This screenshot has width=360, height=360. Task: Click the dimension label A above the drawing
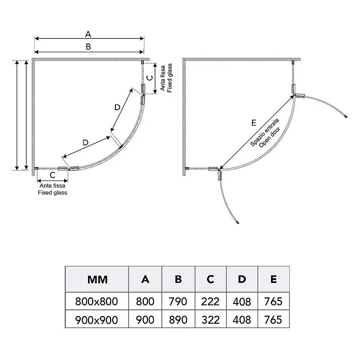pos(88,34)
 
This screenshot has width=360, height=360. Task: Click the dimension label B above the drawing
pos(88,47)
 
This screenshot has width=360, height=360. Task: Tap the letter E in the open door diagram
pos(253,123)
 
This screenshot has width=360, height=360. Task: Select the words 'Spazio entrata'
pos(264,132)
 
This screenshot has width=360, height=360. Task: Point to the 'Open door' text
pos(270,137)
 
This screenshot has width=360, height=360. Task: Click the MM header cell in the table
pos(97,280)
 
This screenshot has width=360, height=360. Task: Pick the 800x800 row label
pos(96,302)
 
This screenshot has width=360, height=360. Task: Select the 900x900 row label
pos(96,320)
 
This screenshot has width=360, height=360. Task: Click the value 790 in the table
pos(178,302)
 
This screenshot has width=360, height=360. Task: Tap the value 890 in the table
pos(178,320)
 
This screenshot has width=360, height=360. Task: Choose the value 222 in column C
pos(211,302)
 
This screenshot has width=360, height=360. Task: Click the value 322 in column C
pos(211,320)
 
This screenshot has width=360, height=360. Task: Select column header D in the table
pos(242,279)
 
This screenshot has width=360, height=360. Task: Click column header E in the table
pos(274,279)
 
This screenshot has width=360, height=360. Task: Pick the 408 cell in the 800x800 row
pos(242,302)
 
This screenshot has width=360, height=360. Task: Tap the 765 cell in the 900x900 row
pos(273,320)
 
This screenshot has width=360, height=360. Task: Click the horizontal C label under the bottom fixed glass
pos(53,175)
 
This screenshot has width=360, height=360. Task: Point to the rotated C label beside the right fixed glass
pos(149,78)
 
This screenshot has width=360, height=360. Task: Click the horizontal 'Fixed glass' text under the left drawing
pos(53,192)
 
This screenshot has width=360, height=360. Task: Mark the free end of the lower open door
pos(238,222)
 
